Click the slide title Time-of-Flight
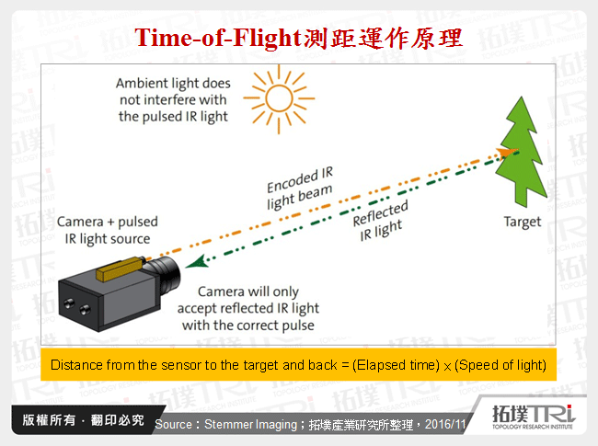click(x=218, y=39)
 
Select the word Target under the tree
click(x=522, y=222)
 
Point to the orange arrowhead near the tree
click(x=504, y=151)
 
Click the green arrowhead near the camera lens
click(x=190, y=265)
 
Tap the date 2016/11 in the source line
click(x=446, y=425)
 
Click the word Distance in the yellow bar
click(x=75, y=365)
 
